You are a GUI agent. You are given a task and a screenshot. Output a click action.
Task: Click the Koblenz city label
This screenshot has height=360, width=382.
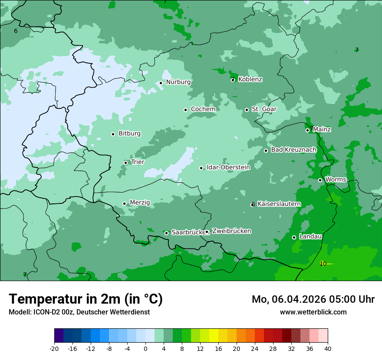[x=250, y=79]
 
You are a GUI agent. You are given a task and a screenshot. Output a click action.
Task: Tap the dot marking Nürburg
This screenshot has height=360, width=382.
[x=161, y=83]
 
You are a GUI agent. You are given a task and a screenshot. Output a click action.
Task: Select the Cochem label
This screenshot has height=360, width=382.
[x=203, y=109]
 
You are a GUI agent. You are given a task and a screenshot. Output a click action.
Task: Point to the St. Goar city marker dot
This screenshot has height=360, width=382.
[x=247, y=110]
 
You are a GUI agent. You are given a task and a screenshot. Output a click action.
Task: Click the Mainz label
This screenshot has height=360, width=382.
[x=322, y=129]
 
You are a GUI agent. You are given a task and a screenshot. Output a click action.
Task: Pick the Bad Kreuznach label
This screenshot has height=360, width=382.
[x=293, y=150]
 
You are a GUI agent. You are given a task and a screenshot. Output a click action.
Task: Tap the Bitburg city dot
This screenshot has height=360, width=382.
[x=113, y=134]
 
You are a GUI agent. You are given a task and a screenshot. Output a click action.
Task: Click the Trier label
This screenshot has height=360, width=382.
[x=137, y=162]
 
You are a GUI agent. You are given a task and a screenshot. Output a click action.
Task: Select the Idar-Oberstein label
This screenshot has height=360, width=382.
[x=228, y=167]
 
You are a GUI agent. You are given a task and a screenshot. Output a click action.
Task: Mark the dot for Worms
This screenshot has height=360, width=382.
[x=320, y=180]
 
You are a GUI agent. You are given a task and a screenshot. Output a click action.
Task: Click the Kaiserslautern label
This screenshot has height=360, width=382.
[x=279, y=204]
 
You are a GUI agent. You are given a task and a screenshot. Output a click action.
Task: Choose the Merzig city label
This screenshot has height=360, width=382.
[x=140, y=203]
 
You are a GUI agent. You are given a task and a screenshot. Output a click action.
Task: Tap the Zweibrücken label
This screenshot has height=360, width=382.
[x=231, y=231]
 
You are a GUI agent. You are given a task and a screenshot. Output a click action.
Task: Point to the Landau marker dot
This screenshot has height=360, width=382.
[x=294, y=237]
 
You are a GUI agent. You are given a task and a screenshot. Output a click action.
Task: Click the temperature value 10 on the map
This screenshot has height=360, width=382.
[x=323, y=264]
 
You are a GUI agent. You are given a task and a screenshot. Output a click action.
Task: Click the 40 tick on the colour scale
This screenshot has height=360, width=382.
[x=328, y=348]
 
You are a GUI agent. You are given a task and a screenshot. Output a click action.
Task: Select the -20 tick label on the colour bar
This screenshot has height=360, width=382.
[x=54, y=348]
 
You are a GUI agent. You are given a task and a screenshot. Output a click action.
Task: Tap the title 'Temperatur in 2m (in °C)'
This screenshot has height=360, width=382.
[x=86, y=299]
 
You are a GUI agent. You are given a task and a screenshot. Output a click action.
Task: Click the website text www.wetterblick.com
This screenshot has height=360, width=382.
[x=313, y=312]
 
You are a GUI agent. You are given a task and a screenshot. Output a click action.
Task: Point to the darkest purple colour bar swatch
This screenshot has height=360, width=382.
[x=59, y=336]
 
